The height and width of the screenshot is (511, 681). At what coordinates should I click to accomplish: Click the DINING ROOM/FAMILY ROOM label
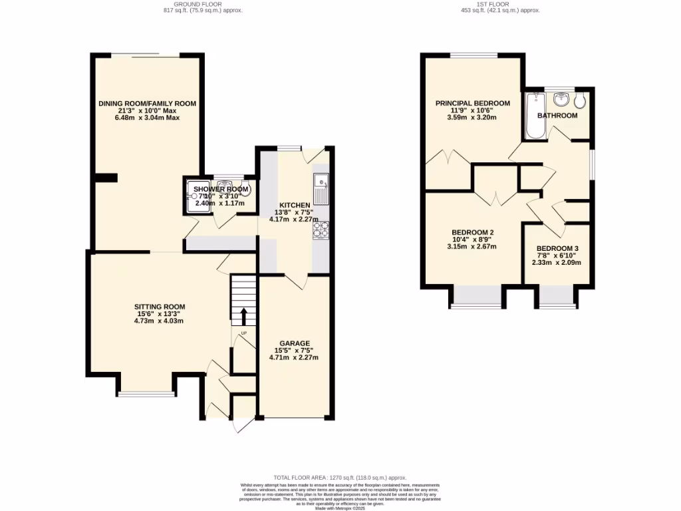point(147,104)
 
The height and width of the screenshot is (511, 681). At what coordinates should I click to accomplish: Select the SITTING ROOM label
point(159,307)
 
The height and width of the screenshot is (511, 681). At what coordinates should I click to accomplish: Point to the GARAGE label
point(294,343)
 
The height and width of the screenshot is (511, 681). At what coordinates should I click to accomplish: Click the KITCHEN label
point(294,205)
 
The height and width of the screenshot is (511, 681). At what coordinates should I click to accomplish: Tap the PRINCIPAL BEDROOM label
point(472,103)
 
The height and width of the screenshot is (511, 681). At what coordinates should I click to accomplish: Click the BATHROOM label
point(557,116)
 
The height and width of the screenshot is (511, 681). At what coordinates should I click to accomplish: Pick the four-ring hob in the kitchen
point(321,229)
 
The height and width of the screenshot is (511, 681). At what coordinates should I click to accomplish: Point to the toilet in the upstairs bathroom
point(581,100)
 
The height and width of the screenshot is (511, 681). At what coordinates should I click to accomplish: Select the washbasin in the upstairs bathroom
point(560,100)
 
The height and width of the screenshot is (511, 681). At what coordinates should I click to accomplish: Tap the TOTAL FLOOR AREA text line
point(340,478)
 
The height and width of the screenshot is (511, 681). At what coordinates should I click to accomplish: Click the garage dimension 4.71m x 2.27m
point(294,357)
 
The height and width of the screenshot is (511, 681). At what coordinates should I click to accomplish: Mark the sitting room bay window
point(147,394)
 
